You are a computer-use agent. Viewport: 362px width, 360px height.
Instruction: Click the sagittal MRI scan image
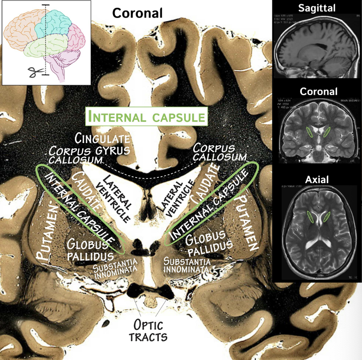[x=317, y=47]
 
